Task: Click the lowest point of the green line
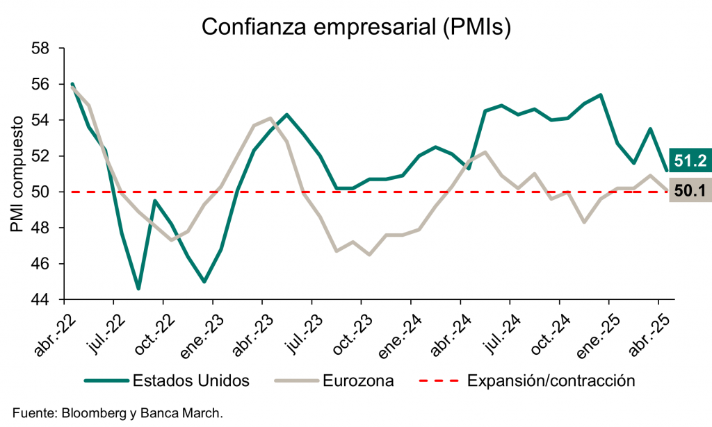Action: (x=138, y=288)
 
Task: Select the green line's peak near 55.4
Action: (x=600, y=95)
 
